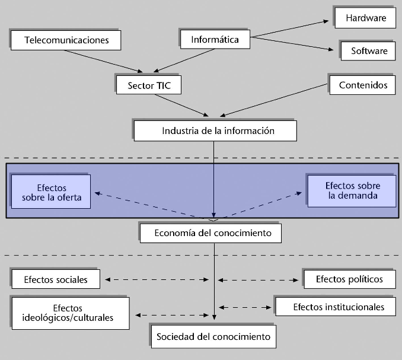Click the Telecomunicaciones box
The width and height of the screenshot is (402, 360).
(x=67, y=40)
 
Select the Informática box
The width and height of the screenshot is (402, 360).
(x=215, y=40)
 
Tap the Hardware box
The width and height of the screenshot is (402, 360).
(x=366, y=18)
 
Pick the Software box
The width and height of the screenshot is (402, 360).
(x=369, y=51)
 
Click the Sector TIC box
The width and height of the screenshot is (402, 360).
(x=149, y=85)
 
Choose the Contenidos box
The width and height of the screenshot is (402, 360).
(x=363, y=85)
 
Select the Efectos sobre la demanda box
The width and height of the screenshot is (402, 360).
(x=352, y=191)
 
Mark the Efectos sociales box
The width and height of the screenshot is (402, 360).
(x=56, y=279)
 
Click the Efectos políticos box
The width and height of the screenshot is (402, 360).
(x=350, y=279)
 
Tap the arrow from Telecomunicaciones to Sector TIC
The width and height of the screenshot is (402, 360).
(x=104, y=61)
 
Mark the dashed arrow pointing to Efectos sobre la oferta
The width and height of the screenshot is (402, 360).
(x=154, y=205)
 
